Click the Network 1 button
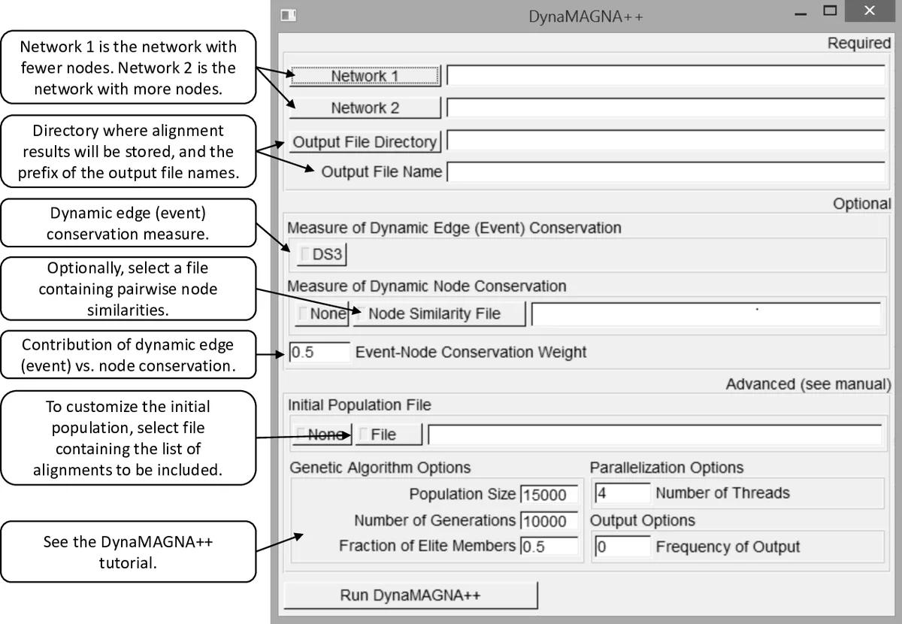tap(365, 76)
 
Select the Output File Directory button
tap(365, 141)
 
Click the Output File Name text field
tap(666, 172)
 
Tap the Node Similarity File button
tap(439, 314)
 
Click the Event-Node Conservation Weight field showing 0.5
tap(319, 352)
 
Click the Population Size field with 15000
tap(549, 495)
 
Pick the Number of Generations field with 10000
tap(549, 521)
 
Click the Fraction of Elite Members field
tap(549, 547)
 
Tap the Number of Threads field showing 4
tap(622, 493)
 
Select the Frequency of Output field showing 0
tap(622, 547)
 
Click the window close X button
tap(869, 11)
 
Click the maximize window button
tap(830, 11)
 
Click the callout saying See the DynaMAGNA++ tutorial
tap(128, 552)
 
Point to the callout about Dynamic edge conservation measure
tap(128, 223)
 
